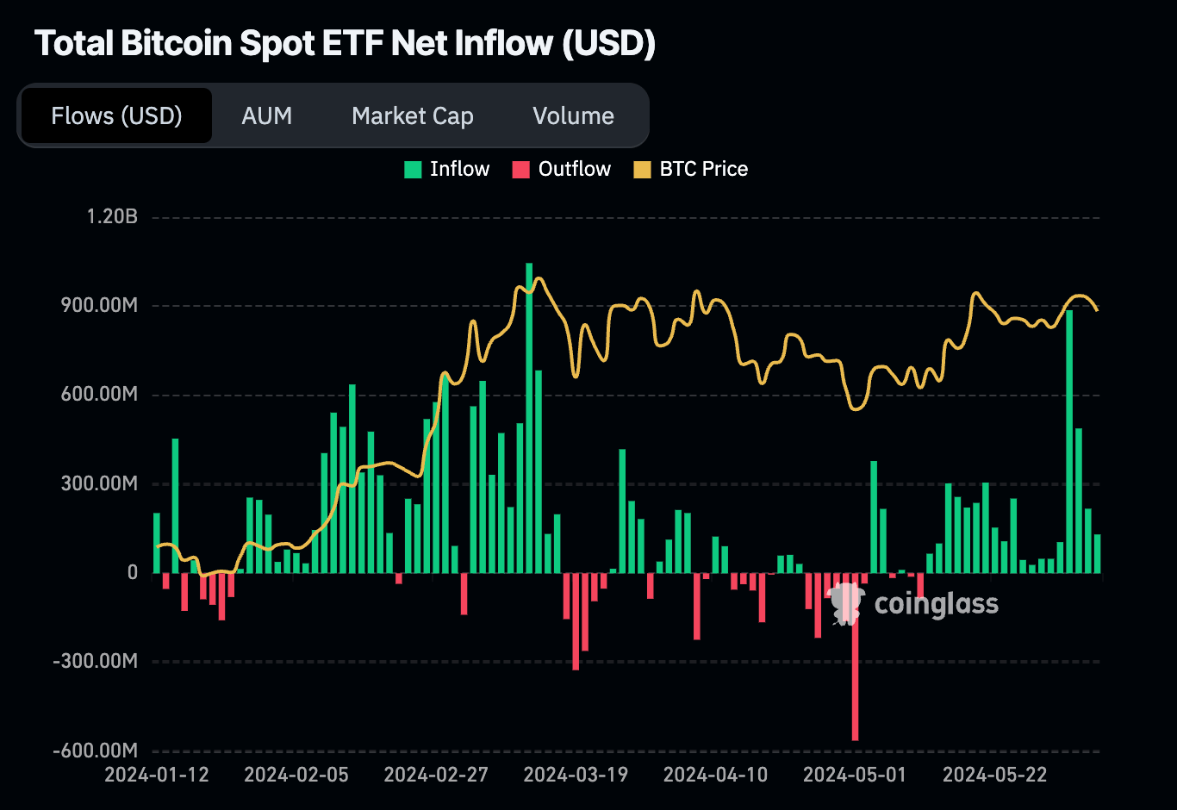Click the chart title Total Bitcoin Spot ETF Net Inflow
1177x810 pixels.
[x=345, y=44]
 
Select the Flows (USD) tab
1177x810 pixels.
[x=116, y=115]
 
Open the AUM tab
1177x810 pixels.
[x=267, y=115]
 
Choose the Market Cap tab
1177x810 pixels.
[x=413, y=115]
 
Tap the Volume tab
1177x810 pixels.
[x=573, y=115]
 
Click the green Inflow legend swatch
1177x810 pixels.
[x=414, y=170]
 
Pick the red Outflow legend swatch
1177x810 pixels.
[x=520, y=170]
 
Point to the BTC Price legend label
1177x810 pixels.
[x=703, y=169]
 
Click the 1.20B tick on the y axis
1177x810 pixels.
[x=112, y=216]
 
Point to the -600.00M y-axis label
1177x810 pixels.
[x=95, y=751]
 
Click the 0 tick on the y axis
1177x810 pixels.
[x=132, y=572]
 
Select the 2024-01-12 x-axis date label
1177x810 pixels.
[x=157, y=775]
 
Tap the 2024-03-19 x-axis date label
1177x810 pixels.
[x=576, y=775]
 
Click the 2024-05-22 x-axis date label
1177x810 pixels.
[x=994, y=775]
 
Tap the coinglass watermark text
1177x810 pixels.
[x=936, y=604]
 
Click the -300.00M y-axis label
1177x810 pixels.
[x=95, y=661]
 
